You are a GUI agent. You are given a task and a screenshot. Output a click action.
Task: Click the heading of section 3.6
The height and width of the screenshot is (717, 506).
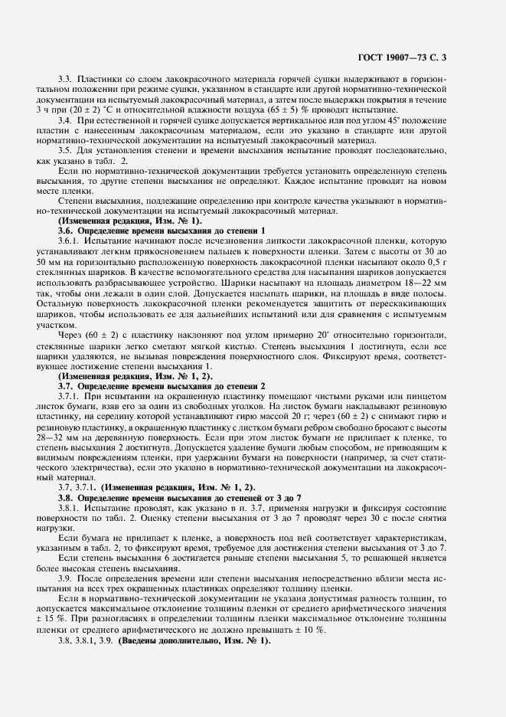click(161, 230)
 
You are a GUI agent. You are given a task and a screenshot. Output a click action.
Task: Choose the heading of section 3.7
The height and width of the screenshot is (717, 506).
click(161, 386)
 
